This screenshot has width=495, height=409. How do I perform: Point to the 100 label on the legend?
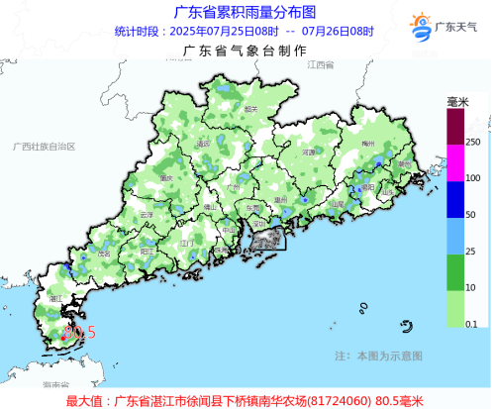click(472, 177)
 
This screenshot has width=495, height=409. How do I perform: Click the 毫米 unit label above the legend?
click(457, 102)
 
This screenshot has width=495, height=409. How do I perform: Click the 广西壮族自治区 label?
click(44, 146)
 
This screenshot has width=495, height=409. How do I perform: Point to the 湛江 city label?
click(56, 296)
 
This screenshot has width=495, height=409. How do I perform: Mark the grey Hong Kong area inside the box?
click(264, 236)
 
